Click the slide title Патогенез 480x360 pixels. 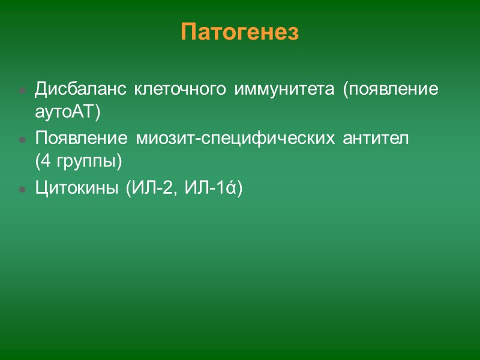pos(239,32)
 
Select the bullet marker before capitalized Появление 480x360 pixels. pos(22,140)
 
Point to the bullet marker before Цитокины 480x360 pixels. pos(22,190)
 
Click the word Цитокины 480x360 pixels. pos(76,189)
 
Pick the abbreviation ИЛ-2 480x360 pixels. pos(150,189)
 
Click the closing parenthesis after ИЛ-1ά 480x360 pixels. pos(239,189)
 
